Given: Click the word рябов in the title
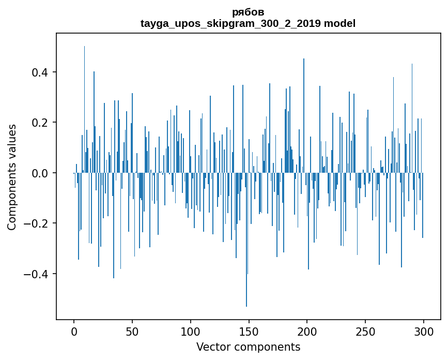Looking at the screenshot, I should tap(248, 12).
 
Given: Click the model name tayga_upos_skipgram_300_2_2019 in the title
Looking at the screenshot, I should tap(231, 23).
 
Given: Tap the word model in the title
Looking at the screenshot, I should tap(339, 23).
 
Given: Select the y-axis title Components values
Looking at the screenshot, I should tap(12, 177).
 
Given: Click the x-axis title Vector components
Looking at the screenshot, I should tap(248, 347).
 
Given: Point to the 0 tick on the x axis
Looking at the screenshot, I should tap(74, 331).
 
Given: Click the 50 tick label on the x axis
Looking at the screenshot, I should tap(132, 331).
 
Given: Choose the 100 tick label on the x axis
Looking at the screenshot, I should tap(191, 331).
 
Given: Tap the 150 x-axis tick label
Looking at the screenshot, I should tap(249, 331).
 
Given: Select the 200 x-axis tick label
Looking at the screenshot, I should tap(307, 331).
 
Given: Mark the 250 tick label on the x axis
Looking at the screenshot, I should tap(365, 331).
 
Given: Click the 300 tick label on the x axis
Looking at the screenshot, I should tap(424, 331).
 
